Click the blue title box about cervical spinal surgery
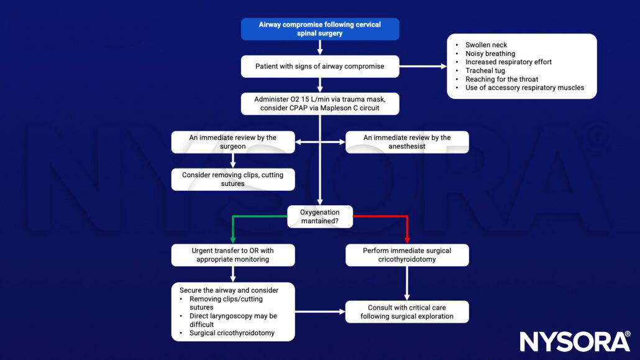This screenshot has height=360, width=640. pyautogui.click(x=319, y=29)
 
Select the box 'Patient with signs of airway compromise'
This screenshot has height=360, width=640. pyautogui.click(x=319, y=67)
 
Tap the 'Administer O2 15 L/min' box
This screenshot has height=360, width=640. pyautogui.click(x=319, y=103)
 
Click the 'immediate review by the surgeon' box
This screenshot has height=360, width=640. pyautogui.click(x=233, y=142)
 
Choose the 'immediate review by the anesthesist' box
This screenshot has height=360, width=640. pyautogui.click(x=407, y=142)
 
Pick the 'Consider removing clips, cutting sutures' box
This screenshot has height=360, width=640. pyautogui.click(x=233, y=179)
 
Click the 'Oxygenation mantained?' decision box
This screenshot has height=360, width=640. pyautogui.click(x=319, y=216)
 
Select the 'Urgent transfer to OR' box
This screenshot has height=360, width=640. pyautogui.click(x=233, y=255)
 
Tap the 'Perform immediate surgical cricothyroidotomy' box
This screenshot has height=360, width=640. pyautogui.click(x=407, y=255)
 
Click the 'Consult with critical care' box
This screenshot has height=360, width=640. pyautogui.click(x=407, y=312)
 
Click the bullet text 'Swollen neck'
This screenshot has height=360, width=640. pyautogui.click(x=486, y=45)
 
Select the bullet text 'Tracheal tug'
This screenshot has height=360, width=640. pyautogui.click(x=485, y=71)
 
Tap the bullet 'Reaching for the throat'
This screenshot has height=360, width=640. pyautogui.click(x=501, y=80)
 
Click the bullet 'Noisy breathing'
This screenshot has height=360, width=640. pyautogui.click(x=490, y=54)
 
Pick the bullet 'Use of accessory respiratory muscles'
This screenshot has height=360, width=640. pyautogui.click(x=524, y=88)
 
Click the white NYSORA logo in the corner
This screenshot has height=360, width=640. pyautogui.click(x=575, y=341)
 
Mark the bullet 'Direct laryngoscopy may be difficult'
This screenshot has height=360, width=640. pyautogui.click(x=233, y=320)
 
